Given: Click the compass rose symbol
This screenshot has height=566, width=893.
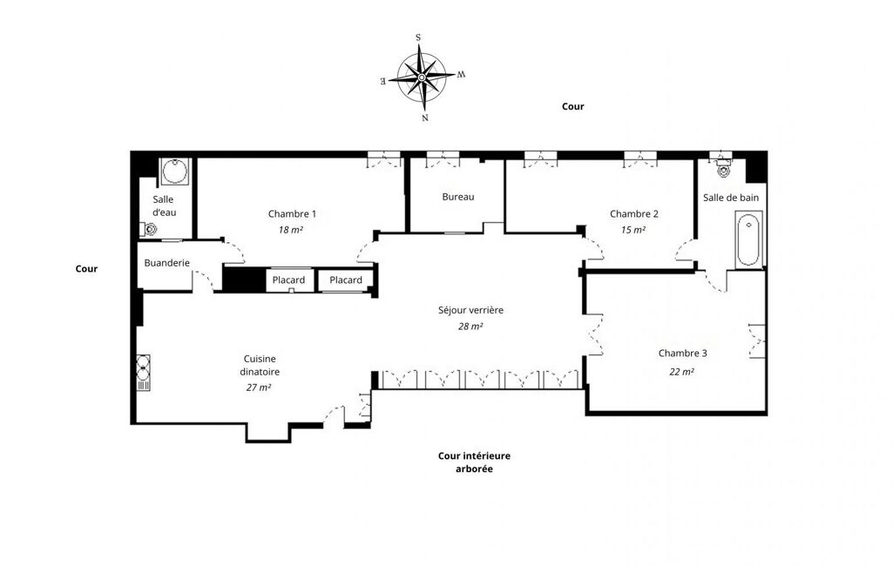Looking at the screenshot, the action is coord(423,77).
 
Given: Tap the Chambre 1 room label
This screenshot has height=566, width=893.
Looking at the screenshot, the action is coord(292,214).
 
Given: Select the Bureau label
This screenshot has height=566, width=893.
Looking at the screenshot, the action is coord(458,197).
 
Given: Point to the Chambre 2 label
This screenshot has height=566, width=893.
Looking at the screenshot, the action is coord(634,214).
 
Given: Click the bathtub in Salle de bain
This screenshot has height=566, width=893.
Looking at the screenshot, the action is coord(748,239).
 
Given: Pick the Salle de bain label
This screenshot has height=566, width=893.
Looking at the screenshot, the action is coord(731,198).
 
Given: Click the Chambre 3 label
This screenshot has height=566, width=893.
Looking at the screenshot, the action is coord(682,354).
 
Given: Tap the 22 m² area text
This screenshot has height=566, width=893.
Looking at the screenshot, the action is coord(681,372).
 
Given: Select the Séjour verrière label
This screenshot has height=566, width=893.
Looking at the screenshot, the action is coord(470,310).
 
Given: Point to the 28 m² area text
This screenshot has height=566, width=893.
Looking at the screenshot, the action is coord(470,327).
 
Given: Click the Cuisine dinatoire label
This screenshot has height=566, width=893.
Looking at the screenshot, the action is coord(260,365).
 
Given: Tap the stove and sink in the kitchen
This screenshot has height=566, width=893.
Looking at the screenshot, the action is coord(144,373).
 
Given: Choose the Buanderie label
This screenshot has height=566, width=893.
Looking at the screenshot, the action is coord(167,263).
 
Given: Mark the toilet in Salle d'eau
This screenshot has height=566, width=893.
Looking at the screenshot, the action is coord(149,230).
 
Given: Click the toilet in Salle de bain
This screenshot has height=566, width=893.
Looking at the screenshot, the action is coord(723,169).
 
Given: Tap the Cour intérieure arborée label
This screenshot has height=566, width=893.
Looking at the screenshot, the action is coord(474,462).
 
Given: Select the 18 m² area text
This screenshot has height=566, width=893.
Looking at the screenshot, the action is coord(290,230).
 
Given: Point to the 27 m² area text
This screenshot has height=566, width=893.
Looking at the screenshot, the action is coord(259,387).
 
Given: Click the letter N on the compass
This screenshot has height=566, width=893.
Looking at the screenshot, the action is coord(425,118).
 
